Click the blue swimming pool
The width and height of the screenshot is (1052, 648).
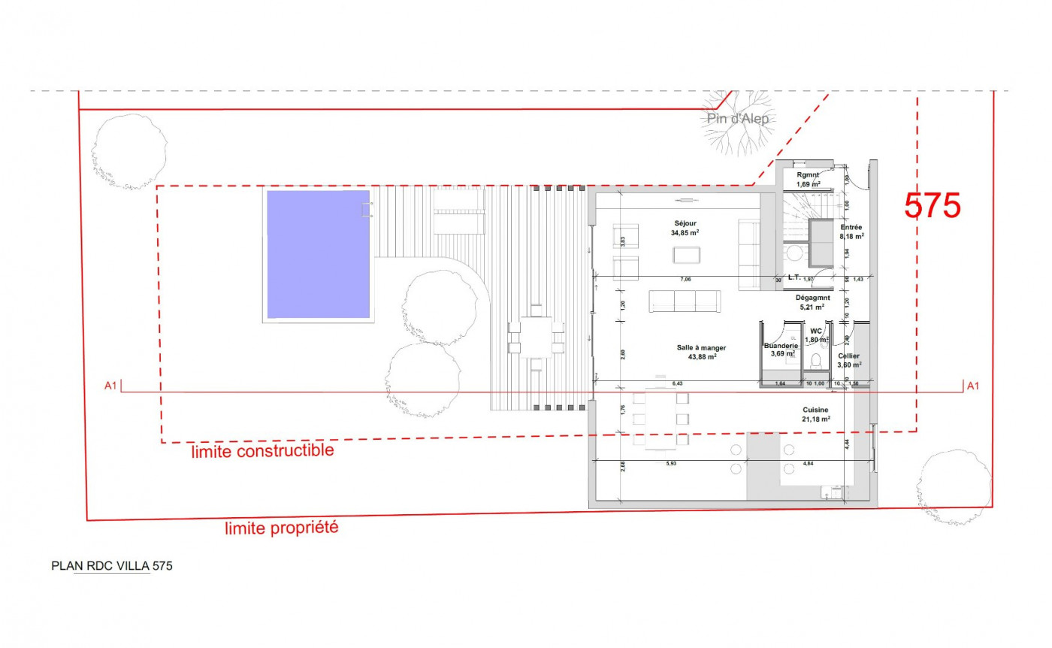coord(319,253)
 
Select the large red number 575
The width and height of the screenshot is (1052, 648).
coord(933,206)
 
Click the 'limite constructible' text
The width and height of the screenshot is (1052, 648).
coord(262,451)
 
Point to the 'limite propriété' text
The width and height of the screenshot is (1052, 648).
coord(282,528)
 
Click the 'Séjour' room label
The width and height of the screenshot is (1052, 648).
coord(685,223)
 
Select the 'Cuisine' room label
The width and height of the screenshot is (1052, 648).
coord(815,410)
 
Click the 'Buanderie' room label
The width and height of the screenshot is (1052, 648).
coord(780,347)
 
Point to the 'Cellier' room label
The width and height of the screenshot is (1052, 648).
coord(849,356)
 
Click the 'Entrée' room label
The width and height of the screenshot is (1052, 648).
coord(851,227)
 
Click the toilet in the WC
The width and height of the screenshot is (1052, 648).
coord(815,362)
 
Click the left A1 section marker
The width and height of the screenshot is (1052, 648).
coord(110,386)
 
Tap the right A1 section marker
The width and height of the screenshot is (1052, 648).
coord(973,386)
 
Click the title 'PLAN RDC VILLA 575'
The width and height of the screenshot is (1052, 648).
coord(111,566)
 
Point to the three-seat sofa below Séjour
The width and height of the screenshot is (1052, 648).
coord(685,301)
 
